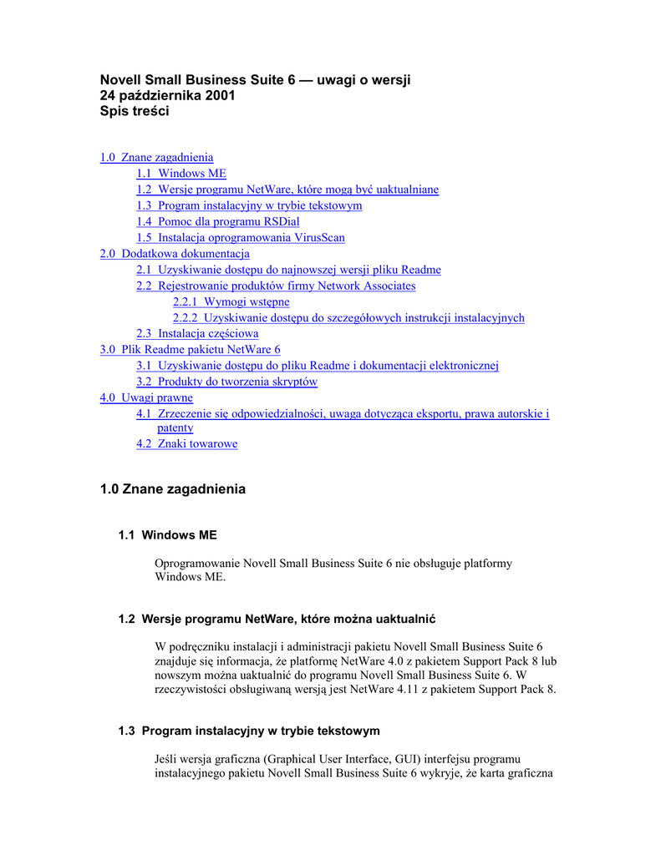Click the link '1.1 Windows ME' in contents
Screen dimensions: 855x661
181,174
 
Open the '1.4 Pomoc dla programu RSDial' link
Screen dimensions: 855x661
218,222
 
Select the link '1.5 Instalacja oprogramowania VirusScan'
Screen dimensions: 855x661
241,238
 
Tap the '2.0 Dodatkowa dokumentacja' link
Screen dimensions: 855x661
175,254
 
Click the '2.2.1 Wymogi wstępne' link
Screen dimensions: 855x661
231,302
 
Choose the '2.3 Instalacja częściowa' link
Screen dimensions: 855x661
197,334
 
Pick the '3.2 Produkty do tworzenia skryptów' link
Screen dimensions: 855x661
226,382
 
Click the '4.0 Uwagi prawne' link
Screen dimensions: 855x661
146,398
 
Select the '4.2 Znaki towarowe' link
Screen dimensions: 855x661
187,444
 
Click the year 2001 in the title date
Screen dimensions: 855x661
220,96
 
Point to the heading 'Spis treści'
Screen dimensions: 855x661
135,111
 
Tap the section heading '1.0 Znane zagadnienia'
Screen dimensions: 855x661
173,489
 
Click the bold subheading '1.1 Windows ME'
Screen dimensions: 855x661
168,535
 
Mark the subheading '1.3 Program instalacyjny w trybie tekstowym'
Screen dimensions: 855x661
249,731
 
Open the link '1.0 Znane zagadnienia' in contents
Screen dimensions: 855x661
156,157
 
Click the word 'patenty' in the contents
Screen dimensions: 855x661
175,428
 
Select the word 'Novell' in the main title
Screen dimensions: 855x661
121,80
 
